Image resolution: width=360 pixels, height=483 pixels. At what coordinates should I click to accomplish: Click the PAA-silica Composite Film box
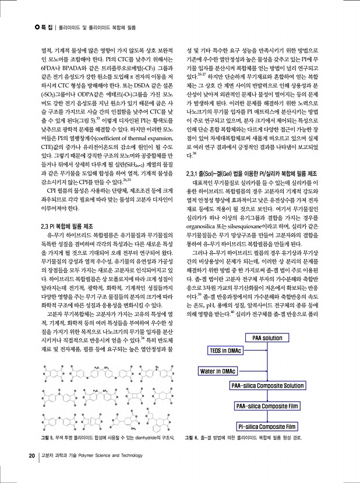(267, 389)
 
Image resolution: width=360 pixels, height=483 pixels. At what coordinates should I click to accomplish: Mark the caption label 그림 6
(192, 436)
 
